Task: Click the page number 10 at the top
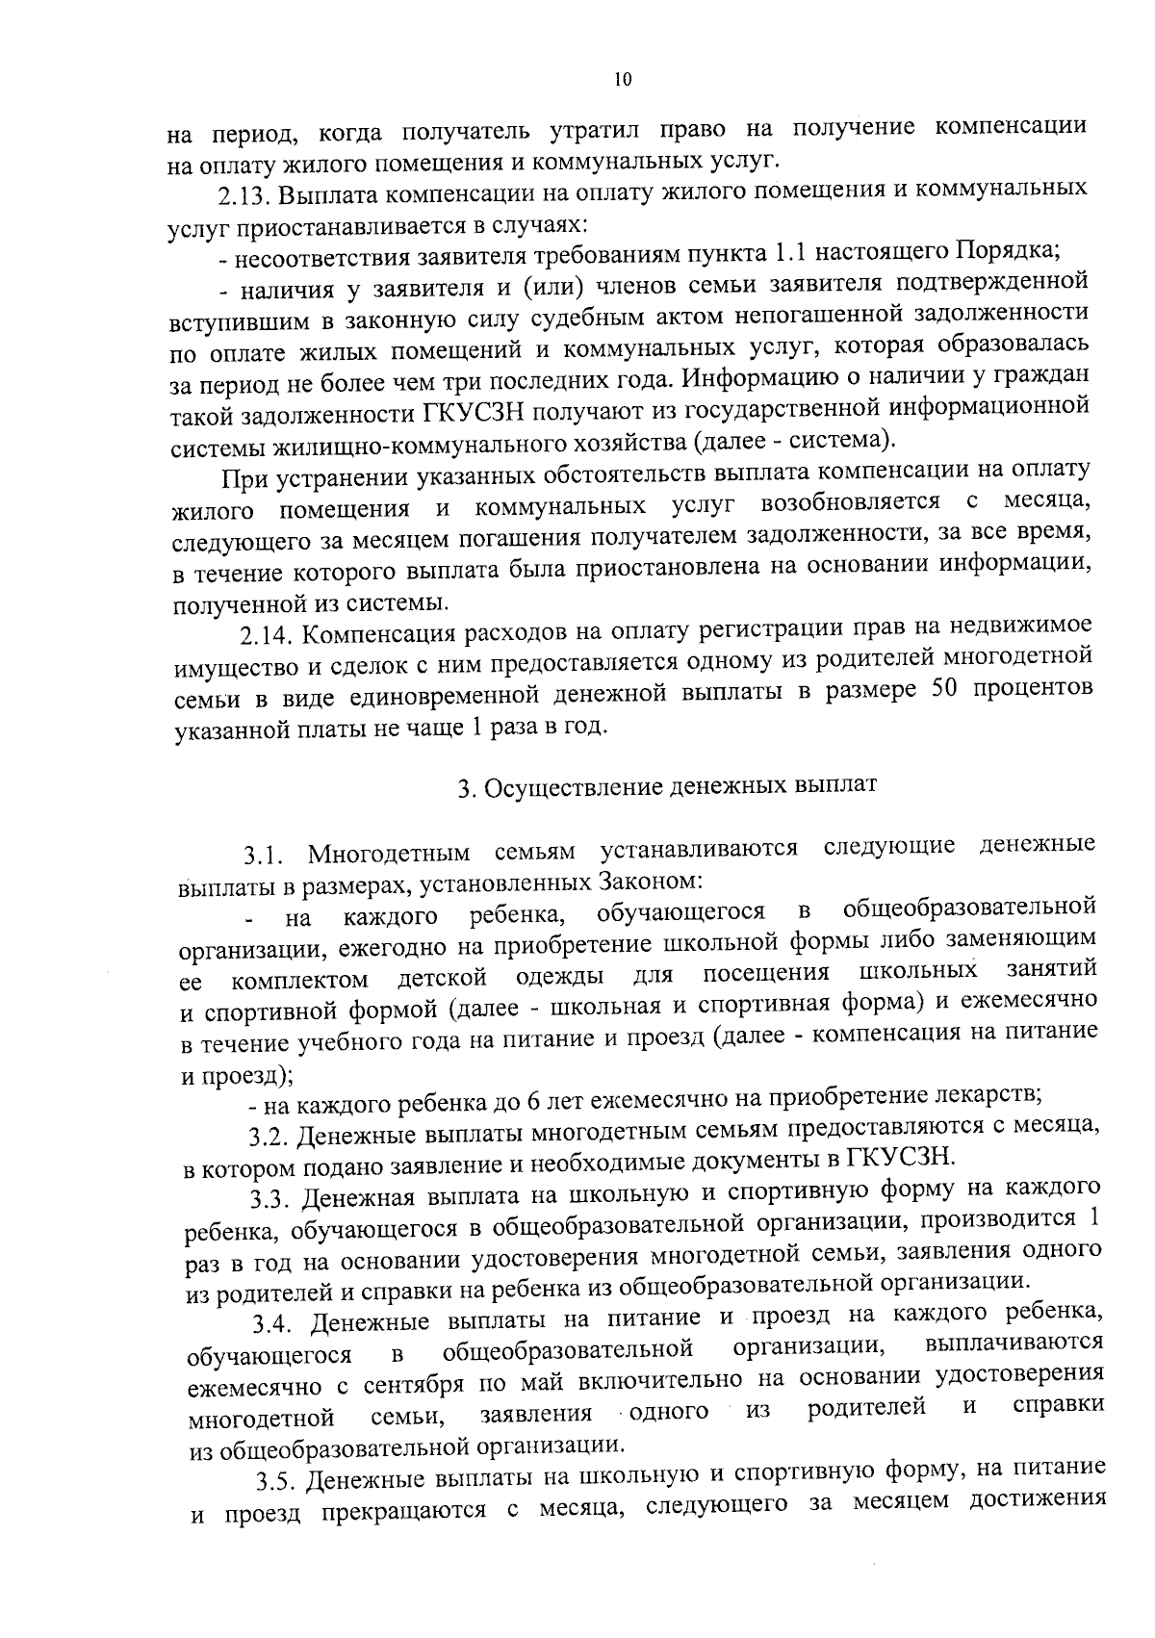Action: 622,80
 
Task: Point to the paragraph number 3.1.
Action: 265,853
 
